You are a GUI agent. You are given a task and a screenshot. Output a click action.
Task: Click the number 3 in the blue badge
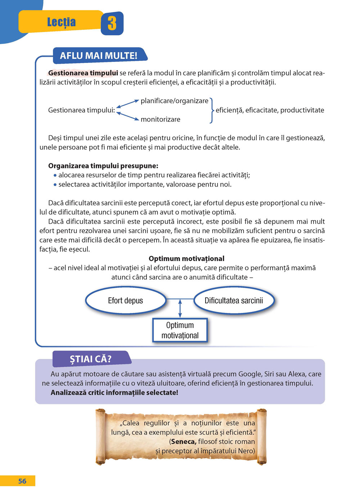tap(112, 23)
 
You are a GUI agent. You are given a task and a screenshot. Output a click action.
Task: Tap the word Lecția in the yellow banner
tap(62, 22)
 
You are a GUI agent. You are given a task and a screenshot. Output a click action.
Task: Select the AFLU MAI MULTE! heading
tap(99, 56)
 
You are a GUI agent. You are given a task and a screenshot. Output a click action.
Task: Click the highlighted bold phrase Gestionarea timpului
tap(83, 73)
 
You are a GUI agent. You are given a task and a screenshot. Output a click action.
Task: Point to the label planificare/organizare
tap(175, 101)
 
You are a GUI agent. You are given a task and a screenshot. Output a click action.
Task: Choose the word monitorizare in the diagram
tap(161, 119)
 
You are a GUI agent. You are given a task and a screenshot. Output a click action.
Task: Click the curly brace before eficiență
tap(212, 110)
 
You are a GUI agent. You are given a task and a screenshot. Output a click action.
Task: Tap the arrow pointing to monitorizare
tap(128, 116)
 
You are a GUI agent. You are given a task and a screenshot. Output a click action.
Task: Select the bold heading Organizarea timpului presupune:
tap(103, 166)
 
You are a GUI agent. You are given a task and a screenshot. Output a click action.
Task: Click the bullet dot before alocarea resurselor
tap(55, 176)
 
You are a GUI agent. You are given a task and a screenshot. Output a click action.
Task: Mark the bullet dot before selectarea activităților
tap(55, 185)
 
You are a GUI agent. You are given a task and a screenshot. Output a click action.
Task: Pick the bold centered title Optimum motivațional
tap(186, 259)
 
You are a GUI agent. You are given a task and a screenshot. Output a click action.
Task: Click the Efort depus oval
tap(126, 301)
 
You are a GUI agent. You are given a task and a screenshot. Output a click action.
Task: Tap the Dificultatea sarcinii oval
tap(234, 301)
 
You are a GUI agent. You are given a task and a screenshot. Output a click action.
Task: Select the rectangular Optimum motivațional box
tap(180, 330)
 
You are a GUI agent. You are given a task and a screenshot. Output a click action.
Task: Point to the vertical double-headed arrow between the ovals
tap(180, 308)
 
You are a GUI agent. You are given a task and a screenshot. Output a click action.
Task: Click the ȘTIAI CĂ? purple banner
tap(91, 359)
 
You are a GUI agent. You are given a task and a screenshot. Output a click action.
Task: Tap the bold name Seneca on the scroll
tap(184, 442)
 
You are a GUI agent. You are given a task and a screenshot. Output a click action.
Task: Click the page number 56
tap(22, 481)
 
